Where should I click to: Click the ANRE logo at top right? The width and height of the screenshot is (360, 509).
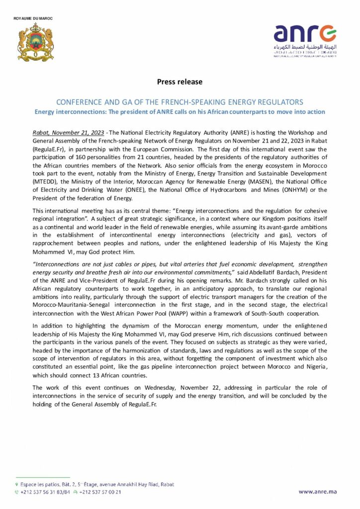click(305, 40)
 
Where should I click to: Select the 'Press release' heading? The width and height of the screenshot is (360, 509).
click(180, 82)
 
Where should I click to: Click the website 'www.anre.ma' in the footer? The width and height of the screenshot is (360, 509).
click(317, 492)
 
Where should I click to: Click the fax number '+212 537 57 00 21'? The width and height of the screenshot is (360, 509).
click(100, 492)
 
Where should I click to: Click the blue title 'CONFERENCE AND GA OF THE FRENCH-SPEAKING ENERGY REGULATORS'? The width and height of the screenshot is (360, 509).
click(180, 102)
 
